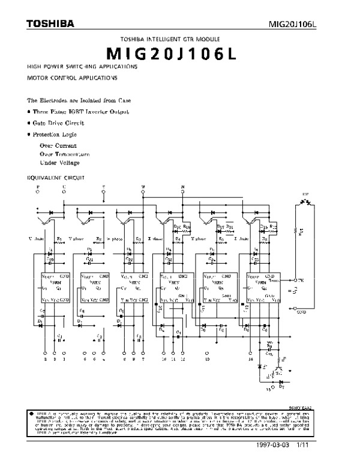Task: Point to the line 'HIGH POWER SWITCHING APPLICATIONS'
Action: tap(82, 66)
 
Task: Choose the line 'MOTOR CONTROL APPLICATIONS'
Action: tap(72, 78)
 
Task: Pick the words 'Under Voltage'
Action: tap(59, 163)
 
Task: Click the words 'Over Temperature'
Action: tap(68, 154)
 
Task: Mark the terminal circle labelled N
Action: tap(183, 193)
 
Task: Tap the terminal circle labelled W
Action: tap(143, 193)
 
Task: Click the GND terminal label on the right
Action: tap(301, 312)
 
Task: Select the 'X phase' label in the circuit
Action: tap(155, 238)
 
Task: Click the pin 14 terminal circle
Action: tap(251, 353)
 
